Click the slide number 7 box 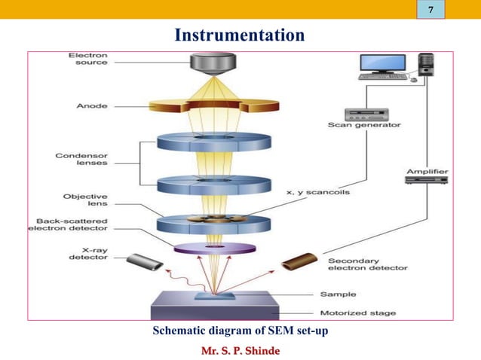[x=430, y=10]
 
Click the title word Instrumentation [x=240, y=35]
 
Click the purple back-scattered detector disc [x=214, y=248]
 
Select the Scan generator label [x=364, y=125]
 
